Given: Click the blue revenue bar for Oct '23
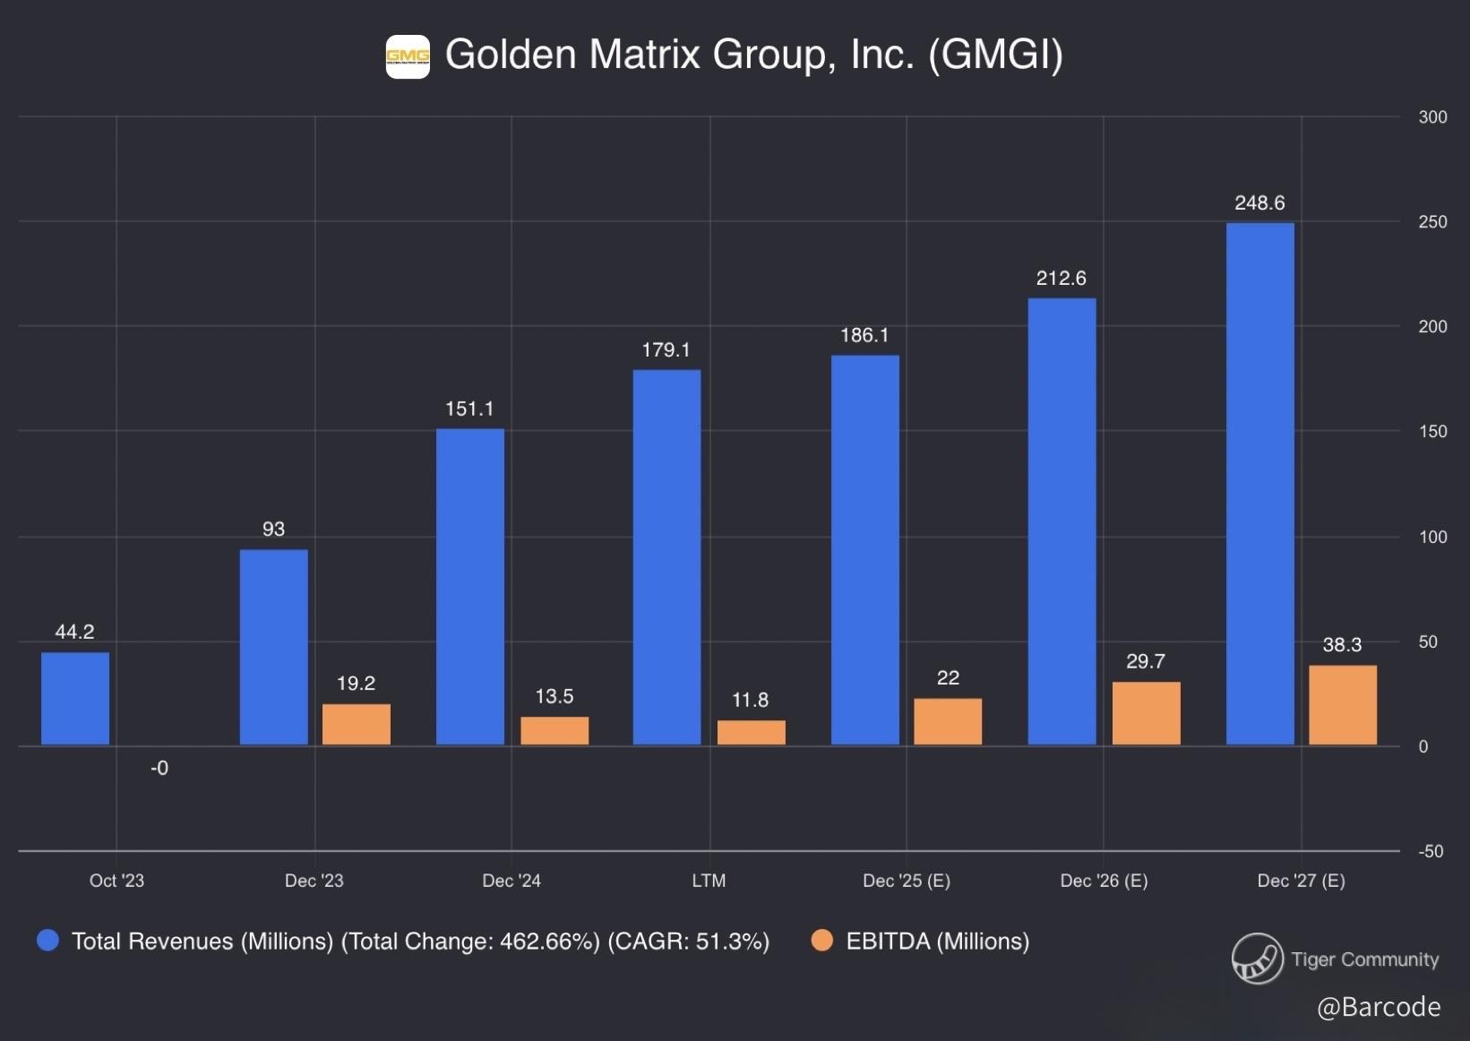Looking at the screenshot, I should click(x=75, y=698).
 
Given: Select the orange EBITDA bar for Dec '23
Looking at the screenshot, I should click(x=357, y=724).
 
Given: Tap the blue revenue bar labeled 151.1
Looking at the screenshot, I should click(x=470, y=586).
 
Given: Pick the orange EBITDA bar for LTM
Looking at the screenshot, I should click(x=752, y=732).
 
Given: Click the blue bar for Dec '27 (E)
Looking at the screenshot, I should click(x=1259, y=484).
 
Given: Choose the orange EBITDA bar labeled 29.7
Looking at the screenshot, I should click(x=1146, y=713).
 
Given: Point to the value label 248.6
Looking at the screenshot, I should click(x=1259, y=203).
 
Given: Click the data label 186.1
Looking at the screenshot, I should click(x=864, y=336).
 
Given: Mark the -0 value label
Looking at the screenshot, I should click(x=159, y=768).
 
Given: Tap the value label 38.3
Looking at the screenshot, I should click(x=1342, y=645).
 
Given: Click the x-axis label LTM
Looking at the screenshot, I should click(x=709, y=881).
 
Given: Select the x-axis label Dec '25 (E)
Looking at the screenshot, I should click(x=907, y=881).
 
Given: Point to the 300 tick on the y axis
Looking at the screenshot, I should click(x=1432, y=117).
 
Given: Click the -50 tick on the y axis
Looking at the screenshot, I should click(x=1431, y=851).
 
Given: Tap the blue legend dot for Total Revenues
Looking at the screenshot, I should click(x=48, y=941).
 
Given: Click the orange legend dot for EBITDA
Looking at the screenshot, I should click(x=821, y=941).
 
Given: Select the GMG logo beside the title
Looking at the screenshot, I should click(x=408, y=56).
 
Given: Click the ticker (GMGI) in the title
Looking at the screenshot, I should click(x=995, y=55).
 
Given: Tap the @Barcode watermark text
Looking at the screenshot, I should click(x=1379, y=1007).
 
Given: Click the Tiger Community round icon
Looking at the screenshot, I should click(x=1257, y=959).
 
